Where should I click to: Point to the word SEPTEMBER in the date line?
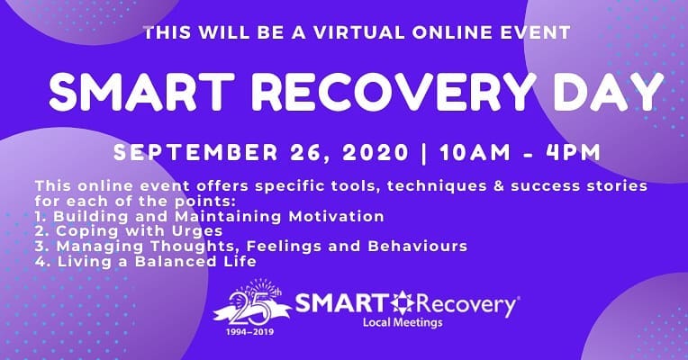(x=195, y=152)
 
